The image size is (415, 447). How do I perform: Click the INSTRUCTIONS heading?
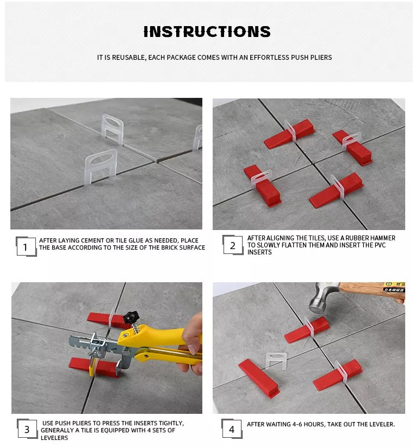207,32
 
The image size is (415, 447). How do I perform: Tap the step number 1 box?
25,247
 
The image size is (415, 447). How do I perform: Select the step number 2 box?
232,245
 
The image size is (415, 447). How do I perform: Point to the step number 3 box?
27,430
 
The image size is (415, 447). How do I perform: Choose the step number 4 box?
232,429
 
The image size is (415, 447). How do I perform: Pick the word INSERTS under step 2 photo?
259,252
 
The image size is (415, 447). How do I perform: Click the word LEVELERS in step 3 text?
54,438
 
